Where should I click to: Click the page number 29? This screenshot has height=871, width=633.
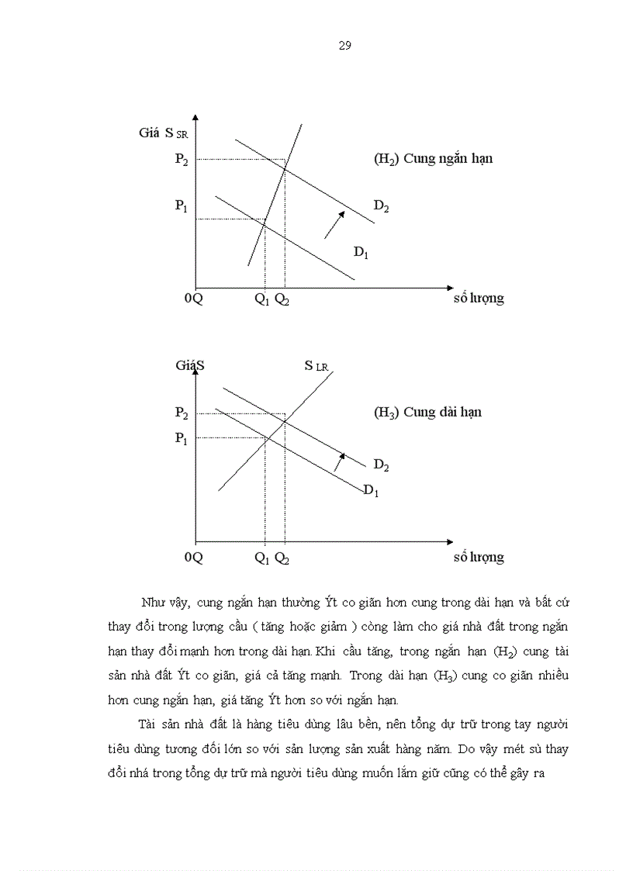click(x=345, y=45)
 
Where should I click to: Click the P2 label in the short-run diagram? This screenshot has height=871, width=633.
click(x=182, y=160)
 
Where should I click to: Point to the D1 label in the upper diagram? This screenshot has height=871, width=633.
click(x=361, y=251)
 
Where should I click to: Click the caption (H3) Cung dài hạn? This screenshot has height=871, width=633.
click(x=427, y=413)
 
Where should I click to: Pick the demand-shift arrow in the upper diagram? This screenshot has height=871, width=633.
click(x=334, y=223)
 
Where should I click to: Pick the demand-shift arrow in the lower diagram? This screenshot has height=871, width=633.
click(x=338, y=461)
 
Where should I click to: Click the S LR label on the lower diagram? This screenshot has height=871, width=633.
click(x=316, y=365)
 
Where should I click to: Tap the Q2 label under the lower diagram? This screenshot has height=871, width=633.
click(x=282, y=558)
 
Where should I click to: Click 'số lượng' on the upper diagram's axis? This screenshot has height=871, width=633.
click(x=478, y=299)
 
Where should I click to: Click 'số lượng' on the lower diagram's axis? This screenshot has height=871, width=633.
click(x=478, y=557)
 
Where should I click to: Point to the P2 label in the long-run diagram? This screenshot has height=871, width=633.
click(x=182, y=413)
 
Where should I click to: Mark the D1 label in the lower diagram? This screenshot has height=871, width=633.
click(x=371, y=490)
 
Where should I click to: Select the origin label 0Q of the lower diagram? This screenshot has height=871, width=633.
click(x=193, y=557)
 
